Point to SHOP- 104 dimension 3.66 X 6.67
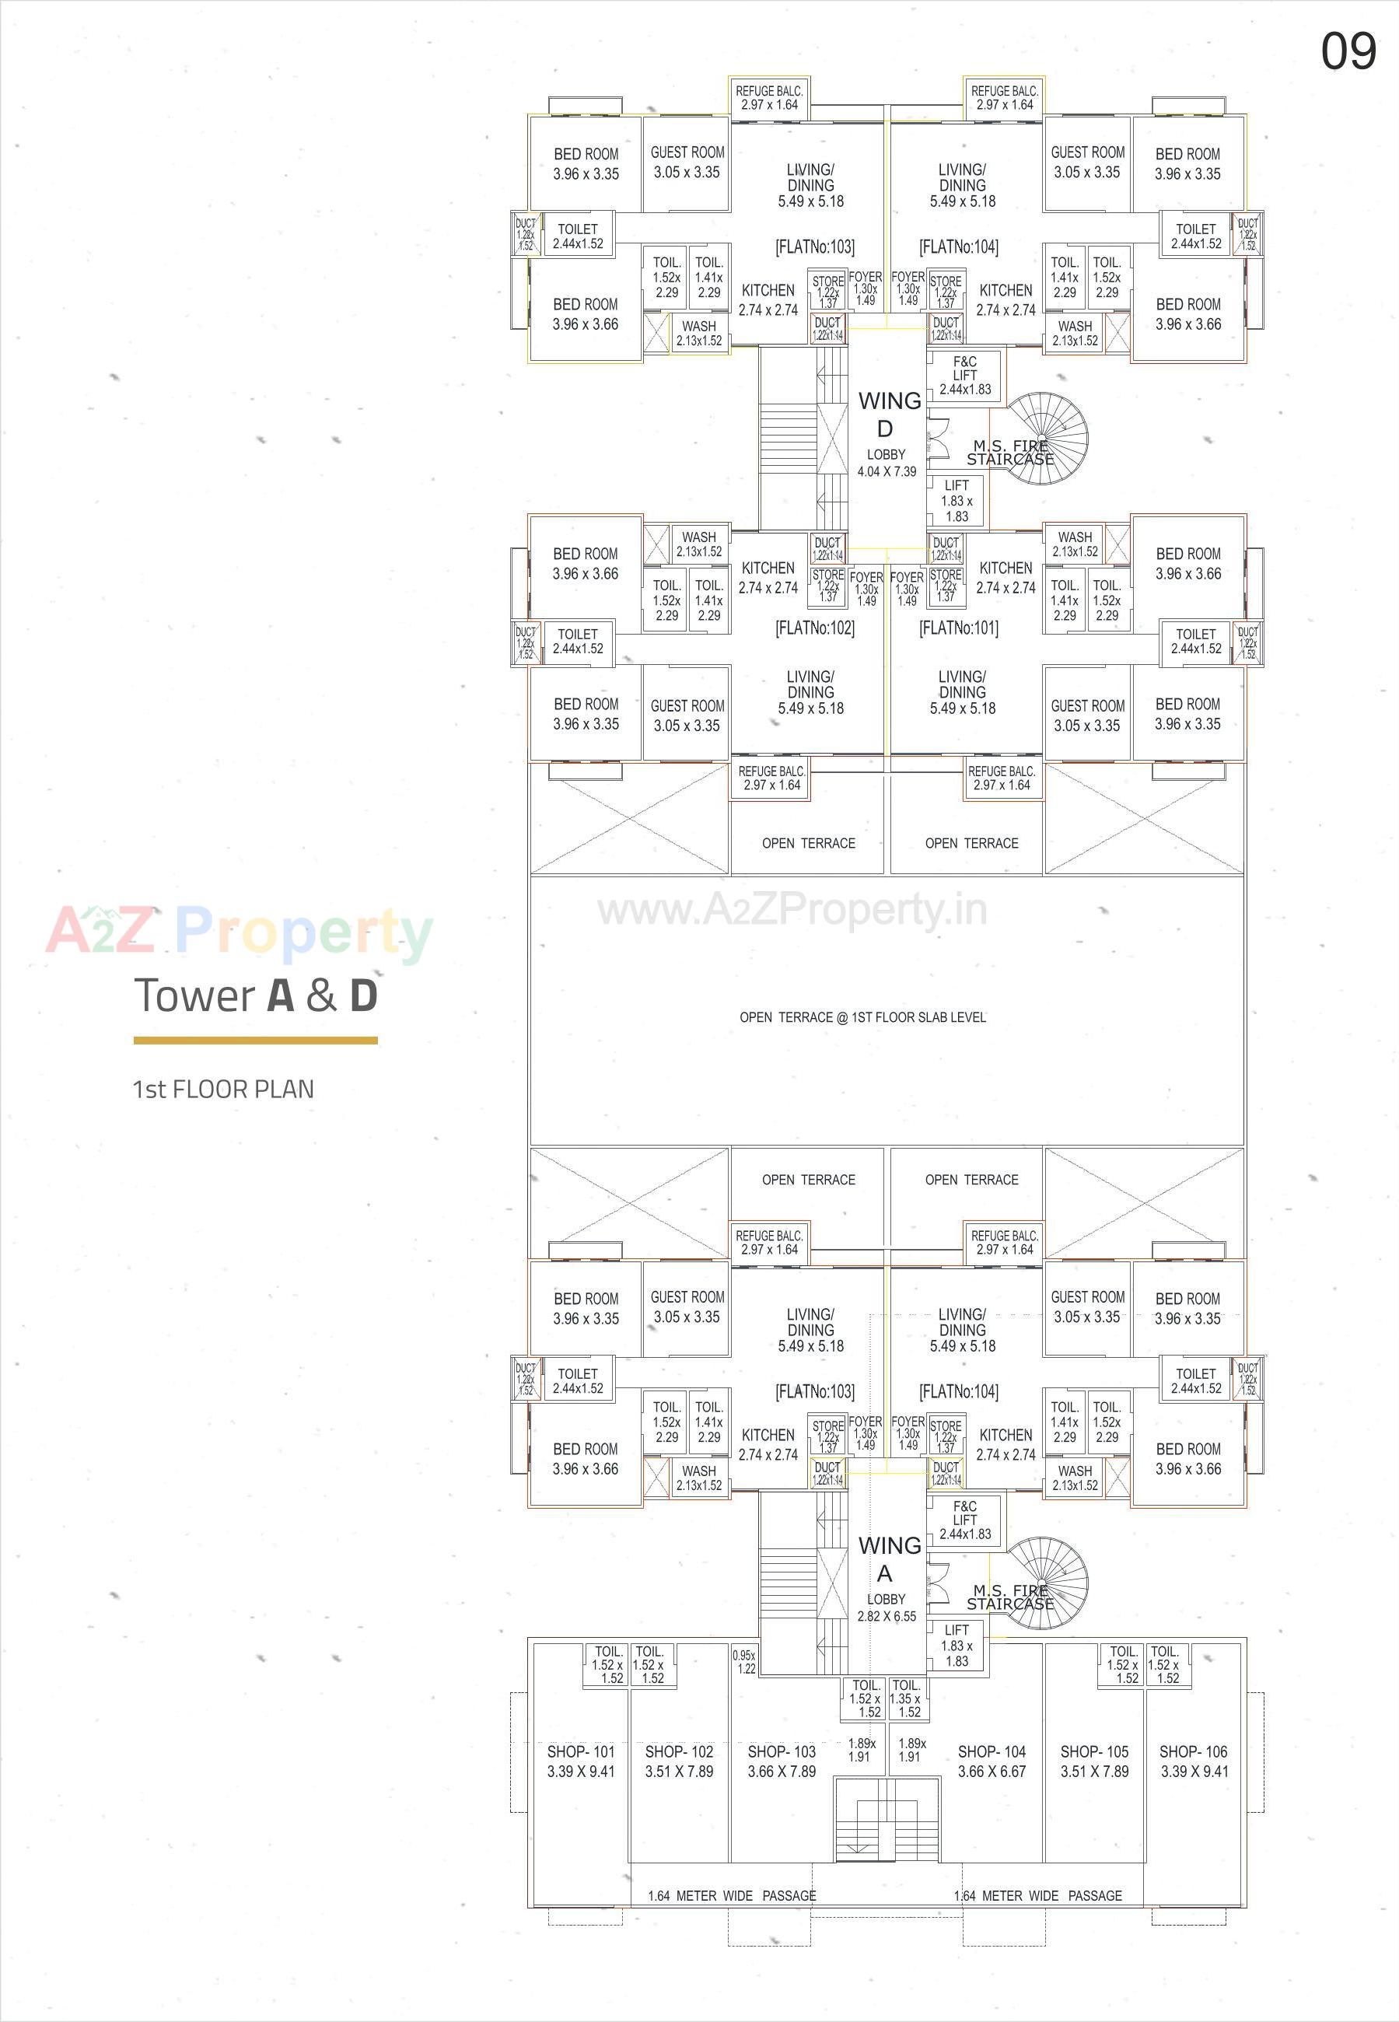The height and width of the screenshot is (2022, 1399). [992, 1772]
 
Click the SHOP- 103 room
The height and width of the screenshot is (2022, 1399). [781, 1760]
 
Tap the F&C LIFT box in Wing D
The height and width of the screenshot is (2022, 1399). [965, 375]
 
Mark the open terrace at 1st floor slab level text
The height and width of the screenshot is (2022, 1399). [862, 1017]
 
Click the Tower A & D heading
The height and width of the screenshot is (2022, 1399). [256, 995]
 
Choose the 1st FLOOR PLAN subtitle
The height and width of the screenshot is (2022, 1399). [222, 1090]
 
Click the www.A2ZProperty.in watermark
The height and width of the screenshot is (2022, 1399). [792, 911]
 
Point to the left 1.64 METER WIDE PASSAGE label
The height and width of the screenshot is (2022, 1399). [732, 1896]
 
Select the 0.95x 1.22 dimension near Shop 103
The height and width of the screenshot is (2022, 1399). [744, 1662]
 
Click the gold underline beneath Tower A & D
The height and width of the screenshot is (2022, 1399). [255, 1041]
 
